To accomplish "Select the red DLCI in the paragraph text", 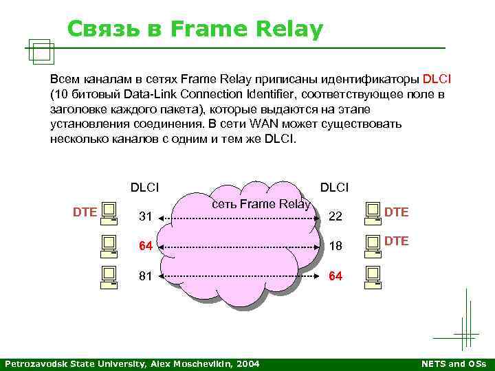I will coord(437,78).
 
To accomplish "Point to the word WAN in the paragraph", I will coord(263,124).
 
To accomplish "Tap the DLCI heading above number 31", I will coord(144,187).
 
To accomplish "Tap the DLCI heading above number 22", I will coord(334,187).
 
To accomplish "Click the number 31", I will coord(145,217).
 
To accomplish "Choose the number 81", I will coord(145,276).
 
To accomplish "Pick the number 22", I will coord(335,217).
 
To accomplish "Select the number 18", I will coord(335,247).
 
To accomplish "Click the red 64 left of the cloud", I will coord(145,247).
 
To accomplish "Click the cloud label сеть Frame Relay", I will coord(261,203).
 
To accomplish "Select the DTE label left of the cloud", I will coord(85,212).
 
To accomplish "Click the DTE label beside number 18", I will coord(396,240).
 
